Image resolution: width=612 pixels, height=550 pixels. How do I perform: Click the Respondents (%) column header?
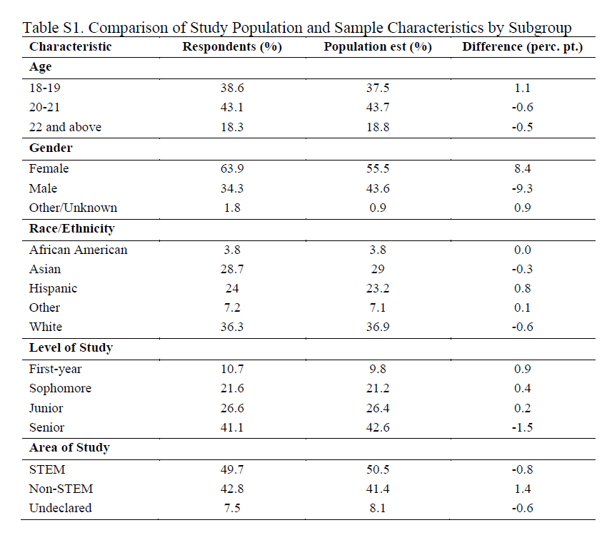pyautogui.click(x=232, y=47)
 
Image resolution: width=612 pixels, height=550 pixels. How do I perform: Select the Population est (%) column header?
pyautogui.click(x=378, y=47)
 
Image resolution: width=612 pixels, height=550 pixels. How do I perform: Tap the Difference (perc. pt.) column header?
pyautogui.click(x=523, y=47)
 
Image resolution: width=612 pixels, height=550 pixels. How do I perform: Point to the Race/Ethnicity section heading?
pyautogui.click(x=72, y=229)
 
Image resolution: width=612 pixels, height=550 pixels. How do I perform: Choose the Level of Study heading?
pyautogui.click(x=71, y=347)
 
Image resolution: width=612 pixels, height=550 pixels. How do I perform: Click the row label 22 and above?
pyautogui.click(x=65, y=127)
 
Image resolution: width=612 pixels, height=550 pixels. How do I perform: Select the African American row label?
pyautogui.click(x=78, y=250)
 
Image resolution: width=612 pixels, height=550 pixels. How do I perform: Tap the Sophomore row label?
pyautogui.click(x=60, y=389)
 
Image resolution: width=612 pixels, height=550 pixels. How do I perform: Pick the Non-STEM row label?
pyautogui.click(x=61, y=489)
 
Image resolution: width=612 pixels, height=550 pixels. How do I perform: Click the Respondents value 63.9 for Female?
pyautogui.click(x=232, y=169)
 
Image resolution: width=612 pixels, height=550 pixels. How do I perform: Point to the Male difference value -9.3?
pyautogui.click(x=522, y=188)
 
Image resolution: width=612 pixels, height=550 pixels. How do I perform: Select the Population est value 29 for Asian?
pyautogui.click(x=378, y=270)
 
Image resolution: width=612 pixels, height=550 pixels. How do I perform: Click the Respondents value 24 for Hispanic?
pyautogui.click(x=232, y=288)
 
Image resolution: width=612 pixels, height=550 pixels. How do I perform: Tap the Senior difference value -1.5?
pyautogui.click(x=522, y=427)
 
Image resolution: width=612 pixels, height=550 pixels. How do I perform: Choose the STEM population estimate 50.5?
pyautogui.click(x=378, y=469)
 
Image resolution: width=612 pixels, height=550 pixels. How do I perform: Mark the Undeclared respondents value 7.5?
pyautogui.click(x=232, y=509)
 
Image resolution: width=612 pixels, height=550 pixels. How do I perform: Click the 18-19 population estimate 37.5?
pyautogui.click(x=378, y=88)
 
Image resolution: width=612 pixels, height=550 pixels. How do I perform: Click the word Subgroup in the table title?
pyautogui.click(x=540, y=29)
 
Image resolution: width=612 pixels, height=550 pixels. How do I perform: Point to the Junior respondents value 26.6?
pyautogui.click(x=232, y=409)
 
